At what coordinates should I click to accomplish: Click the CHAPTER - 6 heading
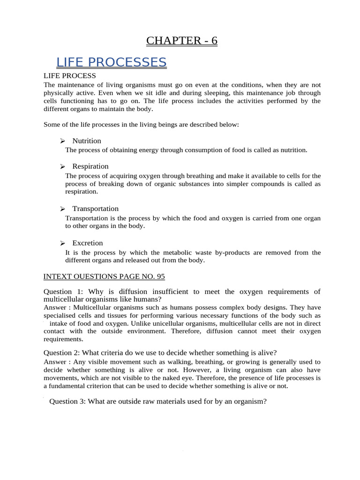[x=181, y=41]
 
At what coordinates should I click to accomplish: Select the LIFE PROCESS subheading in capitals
[x=69, y=75]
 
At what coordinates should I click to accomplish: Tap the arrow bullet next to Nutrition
[x=62, y=141]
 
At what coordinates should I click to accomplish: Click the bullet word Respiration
[x=90, y=166]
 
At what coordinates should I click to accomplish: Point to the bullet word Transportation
[x=95, y=209]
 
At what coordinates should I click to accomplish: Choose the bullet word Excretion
[x=87, y=243]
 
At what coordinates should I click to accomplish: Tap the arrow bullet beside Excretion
[x=62, y=243]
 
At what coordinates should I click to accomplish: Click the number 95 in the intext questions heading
[x=160, y=277]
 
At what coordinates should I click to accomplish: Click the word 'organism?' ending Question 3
[x=250, y=401]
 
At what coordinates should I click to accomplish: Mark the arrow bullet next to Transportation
[x=62, y=209]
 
